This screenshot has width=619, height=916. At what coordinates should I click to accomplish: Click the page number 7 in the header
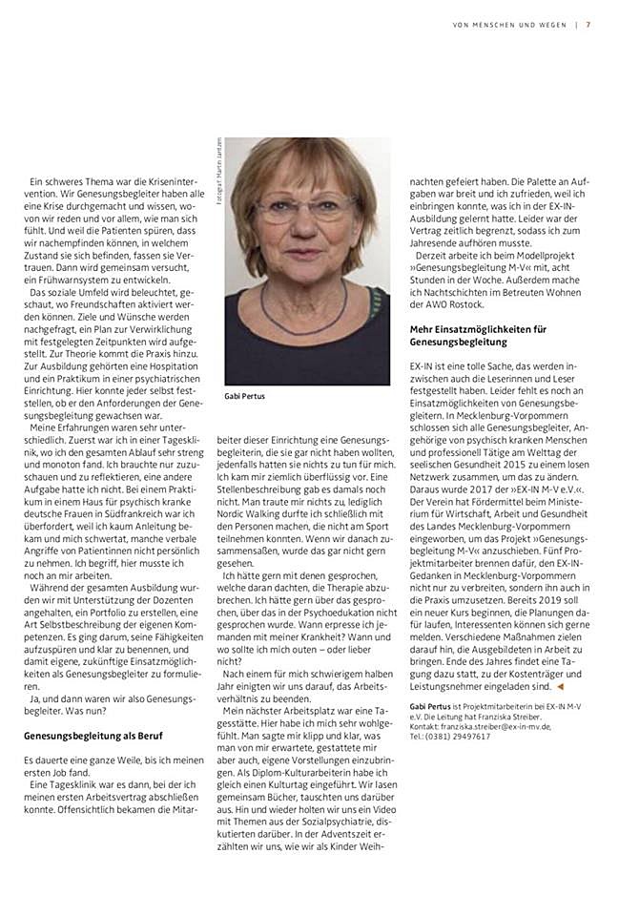(x=588, y=25)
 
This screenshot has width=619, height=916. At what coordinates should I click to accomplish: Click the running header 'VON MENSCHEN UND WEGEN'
(x=509, y=25)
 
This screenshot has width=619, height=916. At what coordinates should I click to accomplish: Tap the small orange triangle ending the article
(x=561, y=685)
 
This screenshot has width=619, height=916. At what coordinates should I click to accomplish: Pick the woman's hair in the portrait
(x=305, y=162)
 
